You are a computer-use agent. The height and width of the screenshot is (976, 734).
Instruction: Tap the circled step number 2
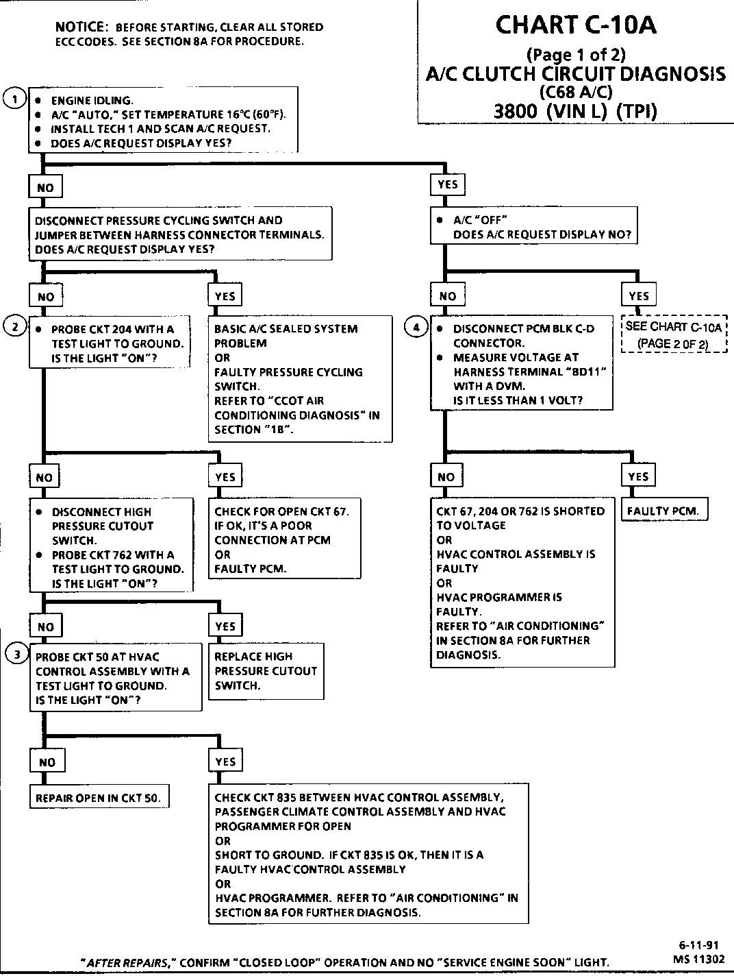pyautogui.click(x=14, y=326)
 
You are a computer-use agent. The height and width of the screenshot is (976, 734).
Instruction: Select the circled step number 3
pyautogui.click(x=14, y=654)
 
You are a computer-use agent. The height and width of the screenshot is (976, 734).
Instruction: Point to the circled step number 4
pyautogui.click(x=416, y=326)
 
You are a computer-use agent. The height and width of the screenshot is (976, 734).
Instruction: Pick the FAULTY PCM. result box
pyautogui.click(x=663, y=511)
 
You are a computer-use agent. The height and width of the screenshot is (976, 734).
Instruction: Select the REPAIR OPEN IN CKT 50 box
pyautogui.click(x=99, y=798)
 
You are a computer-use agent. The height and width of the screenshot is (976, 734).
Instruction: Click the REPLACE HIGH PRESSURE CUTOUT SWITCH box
pyautogui.click(x=266, y=671)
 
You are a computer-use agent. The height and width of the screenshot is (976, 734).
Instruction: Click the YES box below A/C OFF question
pyautogui.click(x=639, y=295)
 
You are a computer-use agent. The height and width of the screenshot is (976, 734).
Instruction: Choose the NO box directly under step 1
pyautogui.click(x=45, y=188)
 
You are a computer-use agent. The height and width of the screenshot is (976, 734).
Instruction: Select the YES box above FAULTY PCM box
pyautogui.click(x=638, y=476)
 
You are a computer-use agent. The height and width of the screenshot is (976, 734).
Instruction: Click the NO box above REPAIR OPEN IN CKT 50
pyautogui.click(x=47, y=762)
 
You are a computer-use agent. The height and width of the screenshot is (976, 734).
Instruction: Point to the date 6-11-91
pyautogui.click(x=695, y=944)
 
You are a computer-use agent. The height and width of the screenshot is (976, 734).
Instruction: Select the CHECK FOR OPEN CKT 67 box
pyautogui.click(x=284, y=539)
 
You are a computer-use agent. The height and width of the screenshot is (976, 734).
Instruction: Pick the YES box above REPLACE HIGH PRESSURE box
pyautogui.click(x=225, y=626)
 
